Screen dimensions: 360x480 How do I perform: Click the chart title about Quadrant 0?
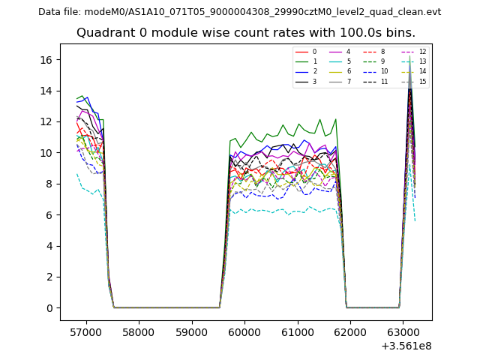(245, 33)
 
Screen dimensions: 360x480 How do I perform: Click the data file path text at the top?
(239, 12)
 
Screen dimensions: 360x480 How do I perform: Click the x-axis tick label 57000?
(85, 332)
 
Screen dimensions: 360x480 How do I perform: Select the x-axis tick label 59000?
(191, 332)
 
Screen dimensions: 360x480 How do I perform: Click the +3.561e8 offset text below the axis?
(406, 346)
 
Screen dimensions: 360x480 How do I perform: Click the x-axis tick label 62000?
(350, 332)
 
